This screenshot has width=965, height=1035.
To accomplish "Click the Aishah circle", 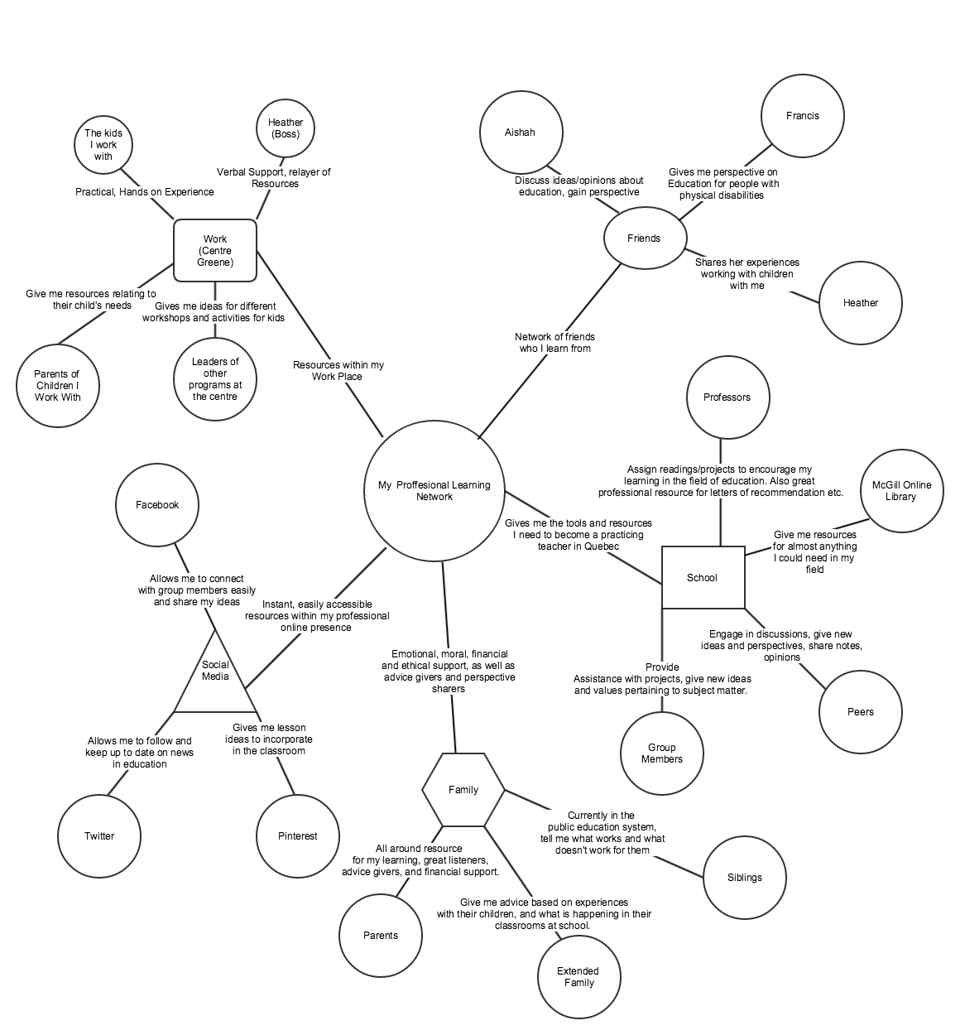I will click(x=521, y=132).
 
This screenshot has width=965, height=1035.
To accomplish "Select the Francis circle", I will click(x=803, y=116).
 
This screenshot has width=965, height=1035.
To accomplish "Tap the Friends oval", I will click(x=644, y=238).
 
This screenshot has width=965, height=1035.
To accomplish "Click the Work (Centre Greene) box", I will click(x=215, y=251).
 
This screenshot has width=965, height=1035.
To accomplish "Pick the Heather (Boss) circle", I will click(x=286, y=128).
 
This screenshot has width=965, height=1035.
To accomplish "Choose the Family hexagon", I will click(x=463, y=790).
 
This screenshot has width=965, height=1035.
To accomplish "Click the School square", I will click(x=703, y=578).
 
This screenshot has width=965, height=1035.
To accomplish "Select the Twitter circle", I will click(x=99, y=836).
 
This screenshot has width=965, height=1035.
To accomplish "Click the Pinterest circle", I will click(x=298, y=836).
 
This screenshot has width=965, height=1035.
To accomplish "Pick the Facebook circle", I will click(x=157, y=505).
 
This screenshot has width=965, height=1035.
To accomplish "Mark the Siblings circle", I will click(x=745, y=878).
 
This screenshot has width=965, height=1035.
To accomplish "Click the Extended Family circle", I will click(x=579, y=977).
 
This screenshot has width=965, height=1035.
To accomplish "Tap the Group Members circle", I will click(x=662, y=753).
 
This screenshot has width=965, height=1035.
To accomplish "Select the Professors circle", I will click(x=727, y=397).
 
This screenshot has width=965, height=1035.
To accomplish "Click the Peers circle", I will click(x=861, y=712).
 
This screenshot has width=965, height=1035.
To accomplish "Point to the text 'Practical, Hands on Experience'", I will click(x=145, y=192).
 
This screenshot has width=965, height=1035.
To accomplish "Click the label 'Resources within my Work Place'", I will click(x=338, y=370).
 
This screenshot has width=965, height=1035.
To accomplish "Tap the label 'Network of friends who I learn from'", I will click(x=555, y=343).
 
